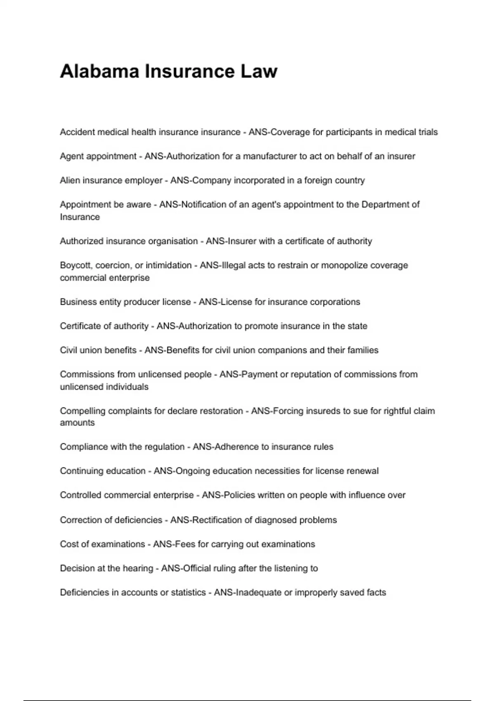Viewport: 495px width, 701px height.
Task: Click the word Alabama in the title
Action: click(x=99, y=71)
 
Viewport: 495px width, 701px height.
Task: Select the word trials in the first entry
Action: click(x=426, y=132)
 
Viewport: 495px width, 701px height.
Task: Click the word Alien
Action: click(x=70, y=180)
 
